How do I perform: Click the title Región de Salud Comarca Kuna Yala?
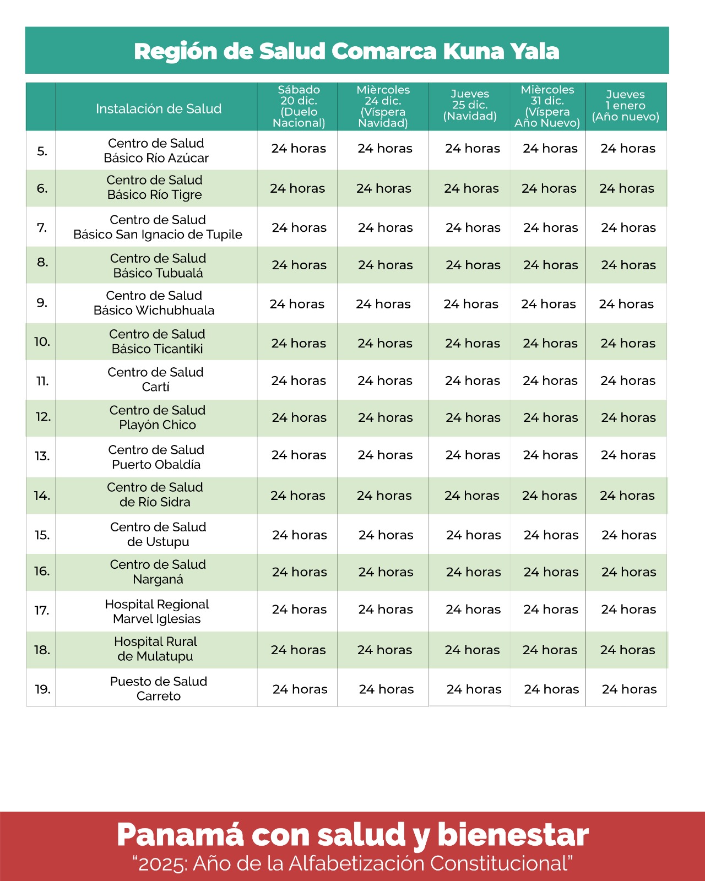tap(346, 51)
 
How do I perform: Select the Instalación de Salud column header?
tap(159, 108)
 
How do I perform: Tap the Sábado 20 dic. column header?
tap(299, 106)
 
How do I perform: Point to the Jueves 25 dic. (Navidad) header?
tap(470, 105)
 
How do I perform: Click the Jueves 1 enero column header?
tap(625, 106)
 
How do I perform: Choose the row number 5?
tap(42, 151)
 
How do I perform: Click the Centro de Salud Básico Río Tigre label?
tap(155, 187)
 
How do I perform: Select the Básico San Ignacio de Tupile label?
tap(158, 235)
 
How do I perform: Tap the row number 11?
tap(42, 381)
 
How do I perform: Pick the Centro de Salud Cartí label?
tap(156, 379)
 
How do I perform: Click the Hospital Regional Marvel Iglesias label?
tap(157, 611)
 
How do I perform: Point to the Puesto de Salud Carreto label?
tap(159, 688)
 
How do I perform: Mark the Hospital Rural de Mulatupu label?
tap(155, 649)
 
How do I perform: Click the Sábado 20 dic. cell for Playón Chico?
tap(299, 418)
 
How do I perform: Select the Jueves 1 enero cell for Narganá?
tap(628, 572)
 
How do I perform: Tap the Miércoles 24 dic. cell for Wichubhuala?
tap(383, 304)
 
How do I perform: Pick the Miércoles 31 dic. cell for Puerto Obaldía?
tap(551, 455)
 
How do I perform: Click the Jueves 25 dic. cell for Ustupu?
tap(474, 535)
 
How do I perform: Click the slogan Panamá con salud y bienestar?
tap(352, 835)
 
